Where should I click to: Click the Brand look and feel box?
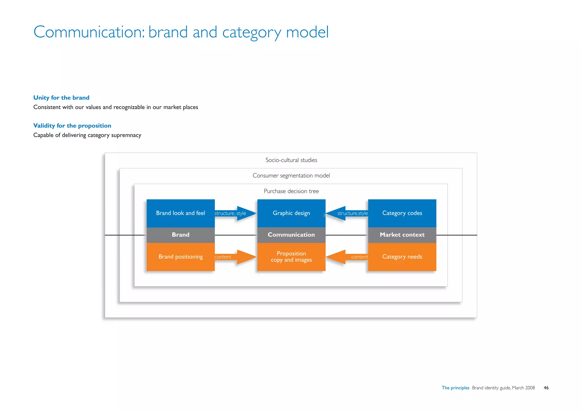point(180,213)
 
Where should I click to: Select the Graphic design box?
point(291,213)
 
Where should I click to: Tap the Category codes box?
point(402,213)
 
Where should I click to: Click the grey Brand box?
point(180,235)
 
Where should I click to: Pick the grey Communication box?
point(291,235)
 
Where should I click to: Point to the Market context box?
point(402,235)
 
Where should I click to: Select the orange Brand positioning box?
point(180,257)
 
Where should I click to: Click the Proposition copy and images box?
point(291,257)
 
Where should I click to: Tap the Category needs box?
point(402,257)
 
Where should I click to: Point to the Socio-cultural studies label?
point(291,160)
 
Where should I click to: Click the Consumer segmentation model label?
point(291,176)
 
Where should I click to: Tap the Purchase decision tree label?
point(291,191)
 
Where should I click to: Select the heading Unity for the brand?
point(61,98)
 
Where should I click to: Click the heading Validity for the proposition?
point(72,126)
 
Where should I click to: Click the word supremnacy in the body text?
point(126,135)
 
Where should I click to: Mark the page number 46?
point(546,388)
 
